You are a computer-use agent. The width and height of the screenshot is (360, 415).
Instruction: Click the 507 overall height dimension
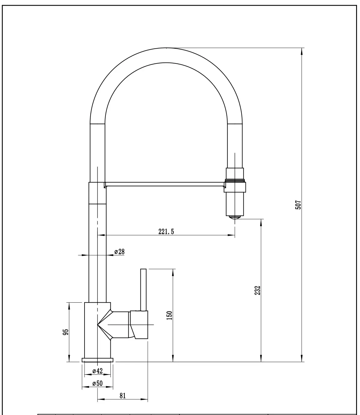pyautogui.click(x=298, y=205)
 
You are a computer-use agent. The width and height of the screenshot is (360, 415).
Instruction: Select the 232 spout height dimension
pyautogui.click(x=257, y=290)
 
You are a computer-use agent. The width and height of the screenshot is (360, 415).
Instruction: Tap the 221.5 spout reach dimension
pyautogui.click(x=166, y=231)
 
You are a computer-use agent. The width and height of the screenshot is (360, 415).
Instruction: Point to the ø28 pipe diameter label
pyautogui.click(x=119, y=252)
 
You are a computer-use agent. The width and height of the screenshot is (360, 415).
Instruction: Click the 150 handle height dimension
pyautogui.click(x=170, y=315)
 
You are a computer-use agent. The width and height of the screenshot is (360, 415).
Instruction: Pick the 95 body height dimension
pyautogui.click(x=66, y=332)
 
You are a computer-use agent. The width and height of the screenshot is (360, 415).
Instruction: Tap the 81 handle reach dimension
pyautogui.click(x=122, y=396)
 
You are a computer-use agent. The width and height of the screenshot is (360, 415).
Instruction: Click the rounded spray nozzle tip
pyautogui.click(x=235, y=217)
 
